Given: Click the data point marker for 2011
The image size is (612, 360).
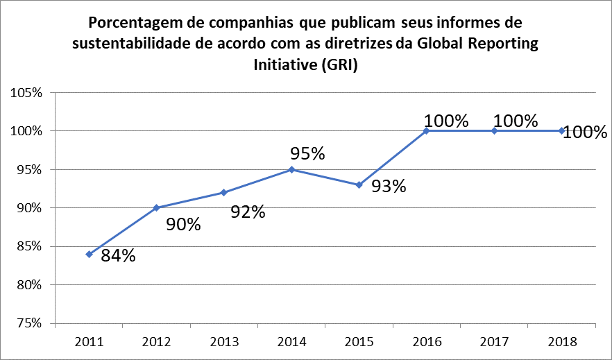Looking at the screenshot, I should point(90,255).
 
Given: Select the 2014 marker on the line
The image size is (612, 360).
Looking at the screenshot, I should point(291,169).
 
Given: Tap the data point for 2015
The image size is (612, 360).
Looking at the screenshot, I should point(359,185).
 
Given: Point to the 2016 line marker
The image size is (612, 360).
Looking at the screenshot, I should point(427,130).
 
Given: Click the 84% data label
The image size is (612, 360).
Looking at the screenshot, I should point(118,256).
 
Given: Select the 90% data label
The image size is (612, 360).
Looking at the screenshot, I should point(183,225).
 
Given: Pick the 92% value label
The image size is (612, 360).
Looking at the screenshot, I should point(248,212).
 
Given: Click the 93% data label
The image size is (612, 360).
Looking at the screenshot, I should point(389,187).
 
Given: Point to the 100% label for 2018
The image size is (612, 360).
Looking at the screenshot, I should point(584,132).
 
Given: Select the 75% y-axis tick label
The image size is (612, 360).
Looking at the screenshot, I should point(27,324).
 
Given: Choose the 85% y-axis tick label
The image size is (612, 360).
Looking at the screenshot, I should point(27,247).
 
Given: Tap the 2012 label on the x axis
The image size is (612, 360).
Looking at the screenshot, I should point(157,341).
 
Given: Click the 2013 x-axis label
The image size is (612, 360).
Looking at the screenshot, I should point(224,341).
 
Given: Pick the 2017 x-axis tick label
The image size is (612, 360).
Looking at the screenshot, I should point(494,341).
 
